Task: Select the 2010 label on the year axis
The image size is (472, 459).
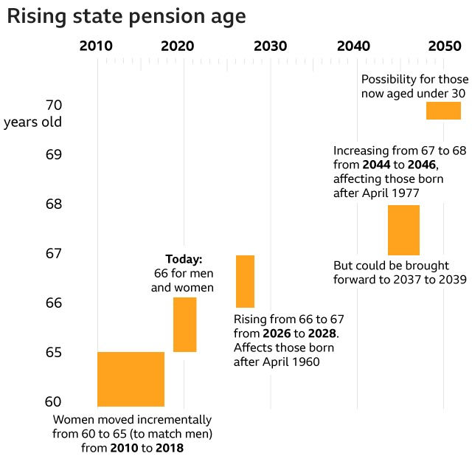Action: point(96,46)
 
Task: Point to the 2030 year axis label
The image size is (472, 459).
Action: point(270,46)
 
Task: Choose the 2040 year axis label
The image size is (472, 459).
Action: point(353,46)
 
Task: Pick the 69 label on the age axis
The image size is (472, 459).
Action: point(54,154)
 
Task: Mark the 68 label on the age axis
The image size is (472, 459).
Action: point(54,204)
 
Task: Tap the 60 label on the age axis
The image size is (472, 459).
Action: point(54,401)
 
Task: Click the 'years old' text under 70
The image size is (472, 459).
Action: point(32,122)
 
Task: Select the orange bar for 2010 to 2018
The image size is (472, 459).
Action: point(131,379)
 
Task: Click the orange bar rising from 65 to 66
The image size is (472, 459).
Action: point(184,325)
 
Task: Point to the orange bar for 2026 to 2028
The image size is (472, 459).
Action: point(245,281)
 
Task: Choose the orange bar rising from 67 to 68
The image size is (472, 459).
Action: point(403,230)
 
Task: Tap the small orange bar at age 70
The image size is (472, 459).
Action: point(443,111)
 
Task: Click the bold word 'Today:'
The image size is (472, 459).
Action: point(183,259)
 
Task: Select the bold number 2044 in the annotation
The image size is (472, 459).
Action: point(377,164)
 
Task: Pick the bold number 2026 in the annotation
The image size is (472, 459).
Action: point(277,334)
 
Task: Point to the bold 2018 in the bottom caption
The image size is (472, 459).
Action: point(169,447)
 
